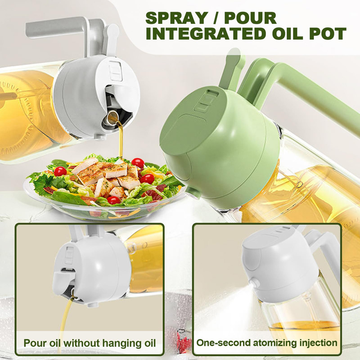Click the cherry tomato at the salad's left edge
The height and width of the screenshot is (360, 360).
click(60, 171)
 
